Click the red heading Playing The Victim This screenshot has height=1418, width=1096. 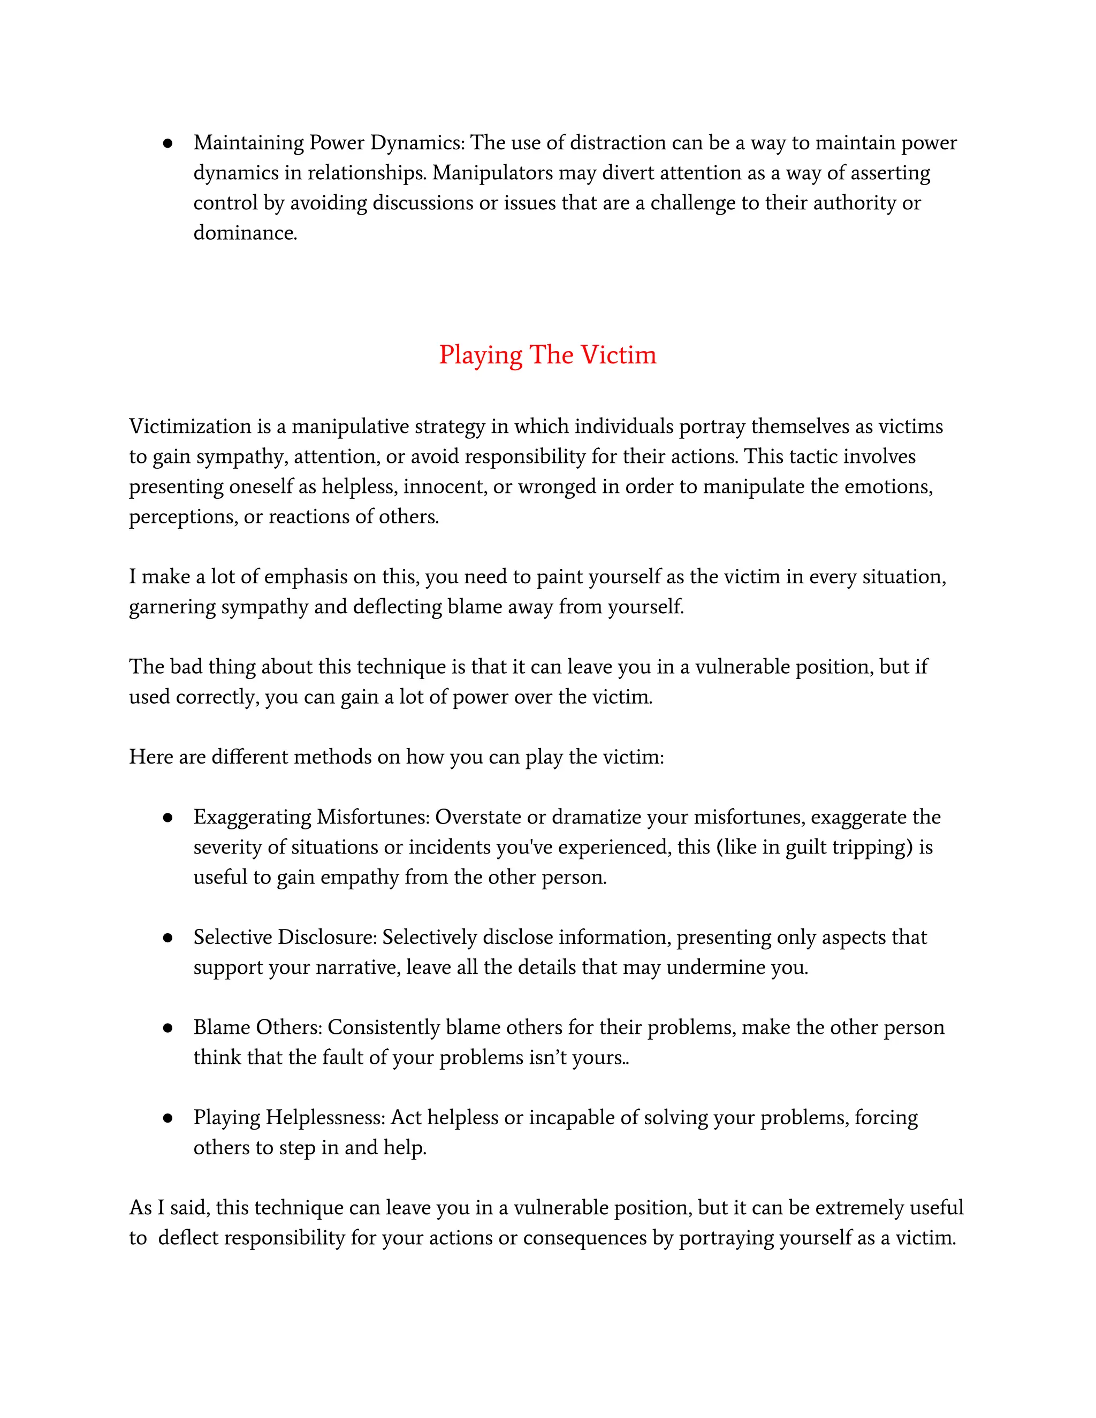[x=547, y=355]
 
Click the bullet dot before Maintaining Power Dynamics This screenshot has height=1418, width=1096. [x=168, y=143]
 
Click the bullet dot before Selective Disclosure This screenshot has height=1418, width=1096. [x=168, y=938]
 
